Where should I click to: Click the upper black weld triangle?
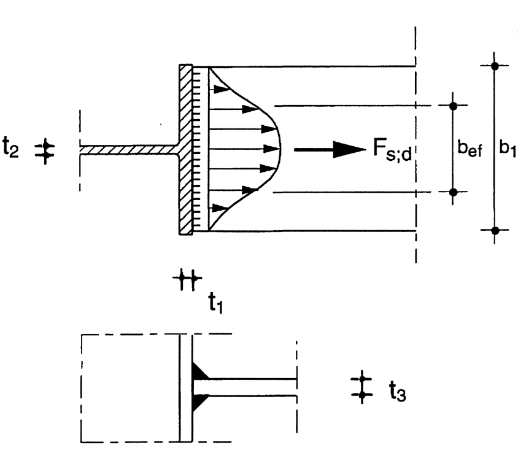[x=200, y=372]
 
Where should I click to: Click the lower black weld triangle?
[x=200, y=402]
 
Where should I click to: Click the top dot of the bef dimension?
[x=453, y=106]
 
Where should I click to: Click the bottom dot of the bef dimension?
[x=453, y=192]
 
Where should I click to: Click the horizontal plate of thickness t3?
[x=245, y=387]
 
